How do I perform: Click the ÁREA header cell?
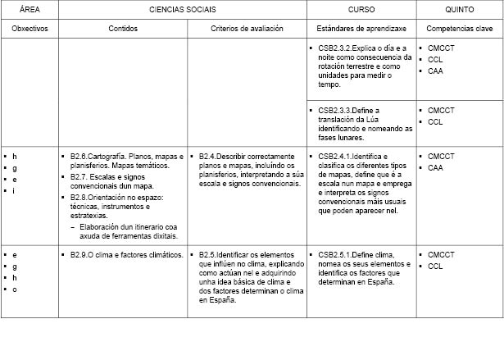[x=29, y=9]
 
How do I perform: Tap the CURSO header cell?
[x=361, y=9]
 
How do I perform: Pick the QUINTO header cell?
[x=459, y=9]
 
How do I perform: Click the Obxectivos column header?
[x=30, y=28]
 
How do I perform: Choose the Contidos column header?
[x=123, y=28]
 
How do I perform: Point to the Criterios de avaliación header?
[x=247, y=28]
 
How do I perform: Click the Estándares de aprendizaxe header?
[x=361, y=28]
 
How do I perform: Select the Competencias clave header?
[x=459, y=28]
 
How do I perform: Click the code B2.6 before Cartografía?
[x=79, y=156]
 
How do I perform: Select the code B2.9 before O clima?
[x=79, y=255]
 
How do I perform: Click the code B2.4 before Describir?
[x=208, y=156]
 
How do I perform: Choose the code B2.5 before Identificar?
[x=208, y=255]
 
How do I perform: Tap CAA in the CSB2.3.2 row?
[x=435, y=71]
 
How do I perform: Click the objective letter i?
[x=14, y=190]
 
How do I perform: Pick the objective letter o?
[x=14, y=289]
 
